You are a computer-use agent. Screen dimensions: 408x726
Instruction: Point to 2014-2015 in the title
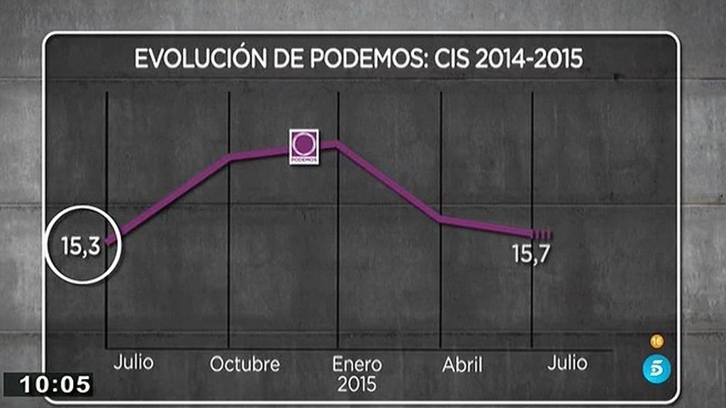529,59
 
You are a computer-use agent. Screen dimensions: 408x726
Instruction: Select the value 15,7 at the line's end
532,253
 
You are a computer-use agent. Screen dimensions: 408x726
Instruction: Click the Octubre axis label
245,365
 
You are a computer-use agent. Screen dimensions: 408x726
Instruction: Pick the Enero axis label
357,364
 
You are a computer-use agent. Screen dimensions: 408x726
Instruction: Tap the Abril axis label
462,365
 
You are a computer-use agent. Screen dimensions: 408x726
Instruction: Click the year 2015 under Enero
357,385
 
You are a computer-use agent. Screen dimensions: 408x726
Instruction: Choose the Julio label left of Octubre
133,362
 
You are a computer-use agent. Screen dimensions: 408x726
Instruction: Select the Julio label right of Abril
567,363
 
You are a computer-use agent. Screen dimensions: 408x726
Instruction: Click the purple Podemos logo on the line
304,147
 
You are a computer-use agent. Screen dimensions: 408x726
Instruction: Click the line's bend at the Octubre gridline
230,157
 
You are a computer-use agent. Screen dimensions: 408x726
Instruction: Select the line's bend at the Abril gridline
441,219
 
